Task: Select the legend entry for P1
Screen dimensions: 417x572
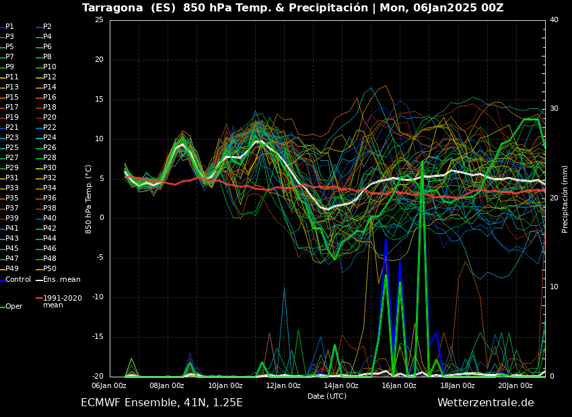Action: [x=9, y=27]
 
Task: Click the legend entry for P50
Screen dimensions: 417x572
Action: [x=49, y=269]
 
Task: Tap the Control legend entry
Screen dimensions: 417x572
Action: [x=17, y=280]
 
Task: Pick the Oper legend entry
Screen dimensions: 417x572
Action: [x=13, y=307]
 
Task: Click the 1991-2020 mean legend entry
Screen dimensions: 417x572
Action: [x=62, y=301]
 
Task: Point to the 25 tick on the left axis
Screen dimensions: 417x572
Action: [x=99, y=20]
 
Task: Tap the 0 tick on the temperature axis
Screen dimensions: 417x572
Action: [x=101, y=218]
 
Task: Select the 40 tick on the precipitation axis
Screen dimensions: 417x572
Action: [x=554, y=20]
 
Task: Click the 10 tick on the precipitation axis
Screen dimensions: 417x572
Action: [x=554, y=287]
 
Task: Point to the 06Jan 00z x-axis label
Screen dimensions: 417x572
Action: [x=108, y=385]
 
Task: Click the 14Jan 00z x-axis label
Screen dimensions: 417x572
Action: [x=341, y=385]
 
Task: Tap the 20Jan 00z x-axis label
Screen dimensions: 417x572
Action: [x=515, y=385]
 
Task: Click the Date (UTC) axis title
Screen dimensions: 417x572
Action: [x=327, y=397]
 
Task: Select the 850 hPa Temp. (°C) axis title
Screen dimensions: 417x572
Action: [x=89, y=198]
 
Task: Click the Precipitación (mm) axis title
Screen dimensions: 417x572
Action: [x=565, y=198]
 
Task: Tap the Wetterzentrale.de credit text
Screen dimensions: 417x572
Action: [x=485, y=403]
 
